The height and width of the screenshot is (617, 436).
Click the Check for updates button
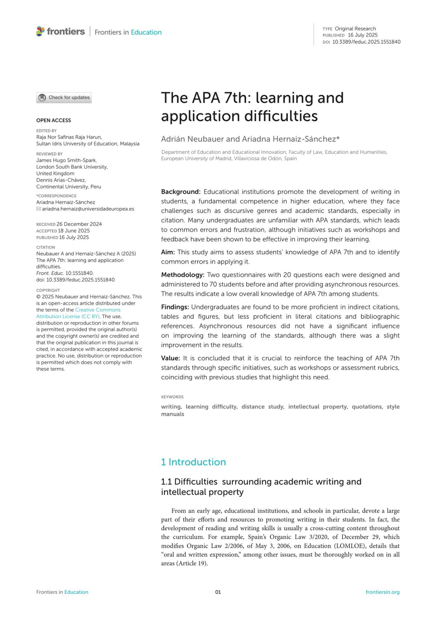tap(64, 97)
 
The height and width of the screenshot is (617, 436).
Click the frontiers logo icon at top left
tap(40, 31)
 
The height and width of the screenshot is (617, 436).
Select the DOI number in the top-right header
tap(366, 42)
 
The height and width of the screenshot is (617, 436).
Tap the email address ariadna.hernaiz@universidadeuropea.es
tap(88, 209)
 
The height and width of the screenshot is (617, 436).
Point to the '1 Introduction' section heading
tap(193, 462)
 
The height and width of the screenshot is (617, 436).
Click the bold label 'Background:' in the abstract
tap(181, 192)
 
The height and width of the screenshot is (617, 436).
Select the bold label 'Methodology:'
tap(182, 275)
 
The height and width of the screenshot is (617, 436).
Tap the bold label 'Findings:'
tap(175, 307)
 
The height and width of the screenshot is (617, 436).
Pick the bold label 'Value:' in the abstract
tap(170, 358)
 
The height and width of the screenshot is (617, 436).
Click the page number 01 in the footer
tap(218, 592)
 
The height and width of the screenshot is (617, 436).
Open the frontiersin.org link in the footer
tap(382, 592)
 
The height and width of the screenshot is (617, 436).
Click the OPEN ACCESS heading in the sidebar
tap(53, 120)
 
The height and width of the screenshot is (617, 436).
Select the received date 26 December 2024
tap(79, 224)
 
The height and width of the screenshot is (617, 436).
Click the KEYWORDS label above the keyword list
tap(172, 397)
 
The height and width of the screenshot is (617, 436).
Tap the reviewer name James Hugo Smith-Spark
tap(66, 160)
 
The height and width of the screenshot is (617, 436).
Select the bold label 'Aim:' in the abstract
tap(168, 252)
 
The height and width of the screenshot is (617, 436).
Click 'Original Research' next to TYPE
tap(355, 29)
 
